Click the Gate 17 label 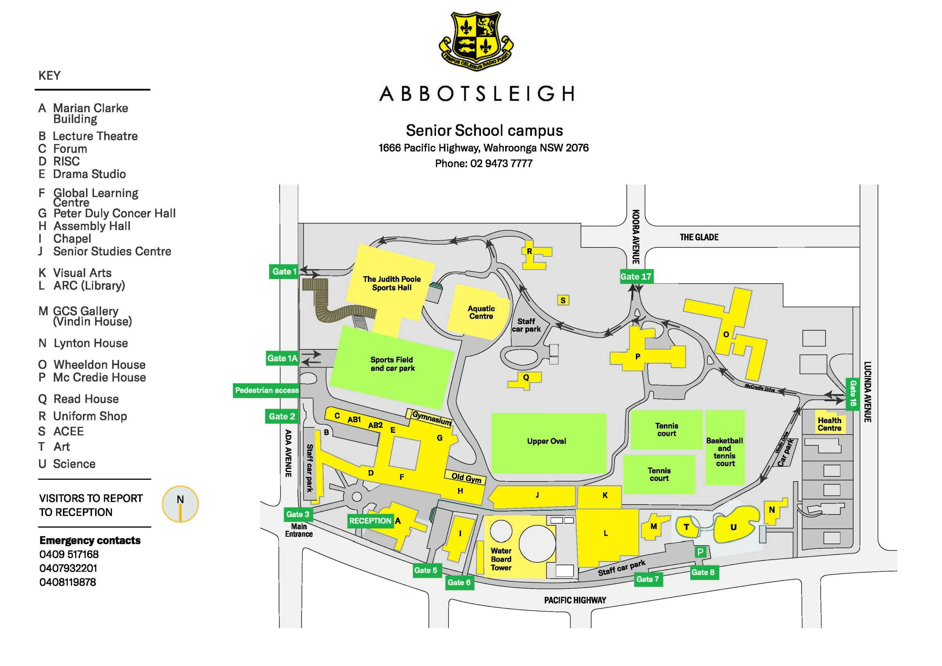(636, 277)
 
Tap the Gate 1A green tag (282, 358)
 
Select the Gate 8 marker (703, 573)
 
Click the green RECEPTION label (371, 521)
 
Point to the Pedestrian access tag (267, 390)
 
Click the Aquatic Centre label (481, 312)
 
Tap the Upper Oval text (546, 441)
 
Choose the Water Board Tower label (501, 559)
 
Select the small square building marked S (563, 300)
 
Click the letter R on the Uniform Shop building (529, 251)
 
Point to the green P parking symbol (700, 552)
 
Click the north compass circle (180, 504)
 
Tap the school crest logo (476, 40)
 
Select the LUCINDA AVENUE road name (867, 392)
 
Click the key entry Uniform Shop (82, 416)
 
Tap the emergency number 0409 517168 (69, 555)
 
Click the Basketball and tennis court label (725, 452)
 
